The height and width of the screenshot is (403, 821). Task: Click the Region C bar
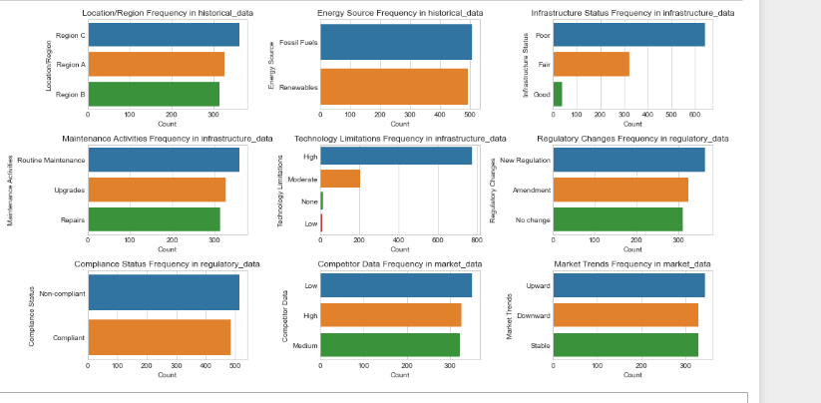click(164, 35)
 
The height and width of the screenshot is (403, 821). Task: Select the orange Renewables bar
click(394, 87)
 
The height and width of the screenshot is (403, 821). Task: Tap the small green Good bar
click(558, 94)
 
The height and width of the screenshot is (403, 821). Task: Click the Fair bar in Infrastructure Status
click(592, 64)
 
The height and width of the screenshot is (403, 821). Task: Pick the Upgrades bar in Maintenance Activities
click(157, 190)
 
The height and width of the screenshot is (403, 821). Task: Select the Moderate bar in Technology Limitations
click(340, 179)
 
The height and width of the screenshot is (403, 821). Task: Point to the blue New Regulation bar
click(628, 160)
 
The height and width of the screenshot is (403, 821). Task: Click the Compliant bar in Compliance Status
click(160, 338)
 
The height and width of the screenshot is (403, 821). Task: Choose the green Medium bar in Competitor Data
click(390, 344)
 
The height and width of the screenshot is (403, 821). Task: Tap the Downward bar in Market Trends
click(625, 316)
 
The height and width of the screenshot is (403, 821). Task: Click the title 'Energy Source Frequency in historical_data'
click(399, 12)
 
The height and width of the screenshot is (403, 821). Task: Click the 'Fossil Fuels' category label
click(299, 43)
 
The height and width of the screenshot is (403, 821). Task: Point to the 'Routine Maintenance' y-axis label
click(51, 161)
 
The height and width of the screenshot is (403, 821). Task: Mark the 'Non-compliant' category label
click(62, 293)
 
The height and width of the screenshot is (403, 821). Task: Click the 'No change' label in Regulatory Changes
click(532, 219)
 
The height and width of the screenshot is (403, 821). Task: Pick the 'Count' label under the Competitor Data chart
click(399, 375)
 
